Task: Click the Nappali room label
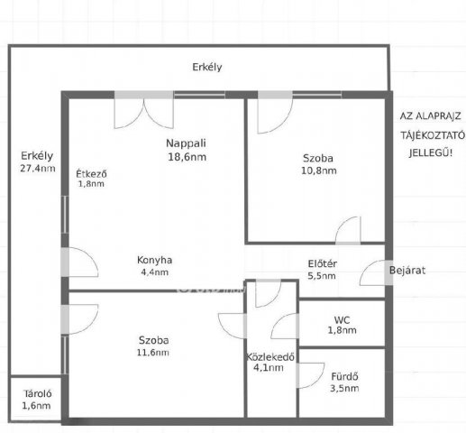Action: pyautogui.click(x=186, y=143)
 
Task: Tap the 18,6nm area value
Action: pyautogui.click(x=187, y=157)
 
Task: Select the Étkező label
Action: pyautogui.click(x=91, y=174)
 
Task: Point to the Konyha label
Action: pyautogui.click(x=154, y=260)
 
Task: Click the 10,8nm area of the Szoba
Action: pyautogui.click(x=319, y=170)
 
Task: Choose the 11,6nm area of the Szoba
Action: pyautogui.click(x=152, y=353)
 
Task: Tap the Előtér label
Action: pyautogui.click(x=323, y=264)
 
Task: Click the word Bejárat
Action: pyautogui.click(x=407, y=271)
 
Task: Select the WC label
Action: pyautogui.click(x=342, y=320)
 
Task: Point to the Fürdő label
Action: pyautogui.click(x=344, y=376)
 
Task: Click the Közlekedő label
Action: pyautogui.click(x=270, y=357)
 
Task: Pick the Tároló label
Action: pyautogui.click(x=38, y=393)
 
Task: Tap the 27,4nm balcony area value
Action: pyautogui.click(x=38, y=169)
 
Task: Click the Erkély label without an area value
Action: pyautogui.click(x=207, y=67)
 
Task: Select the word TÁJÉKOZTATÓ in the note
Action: pyautogui.click(x=433, y=135)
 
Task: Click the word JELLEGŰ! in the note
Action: pyautogui.click(x=431, y=153)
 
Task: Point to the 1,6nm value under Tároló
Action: pyautogui.click(x=36, y=406)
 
